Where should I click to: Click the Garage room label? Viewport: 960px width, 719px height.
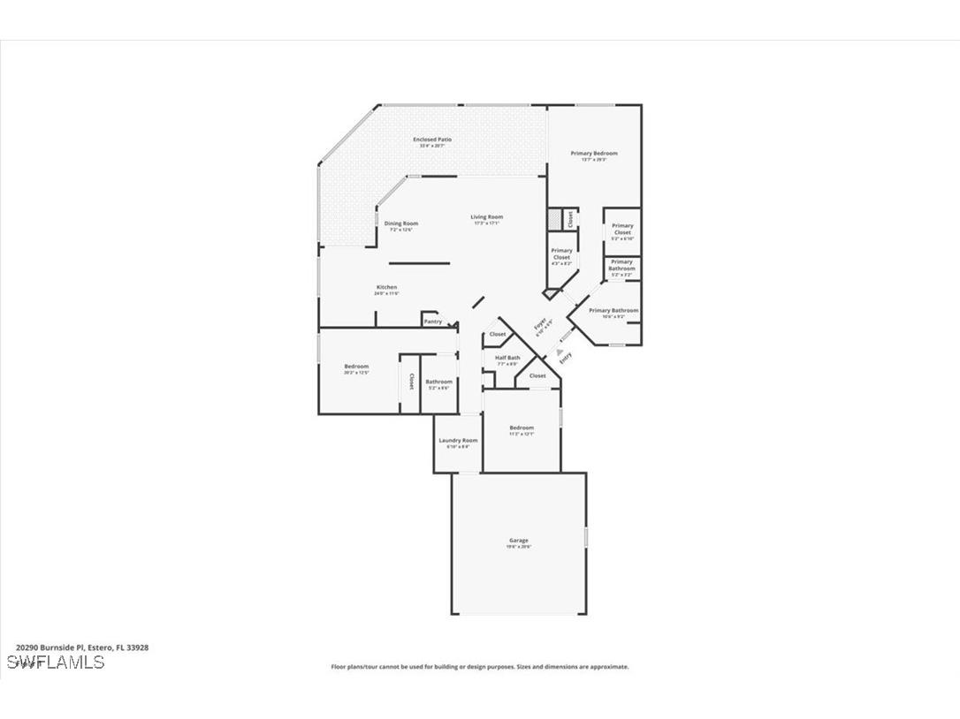[x=519, y=541]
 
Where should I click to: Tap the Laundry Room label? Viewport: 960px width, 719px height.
[x=458, y=441]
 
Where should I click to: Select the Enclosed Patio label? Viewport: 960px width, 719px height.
[x=432, y=140]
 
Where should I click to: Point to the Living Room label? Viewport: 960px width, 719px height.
[x=486, y=217]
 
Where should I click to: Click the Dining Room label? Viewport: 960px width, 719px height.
[x=401, y=223]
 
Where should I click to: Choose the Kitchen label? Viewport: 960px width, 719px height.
[x=386, y=288]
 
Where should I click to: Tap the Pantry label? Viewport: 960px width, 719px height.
[x=433, y=322]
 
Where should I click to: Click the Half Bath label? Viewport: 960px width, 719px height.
[x=507, y=358]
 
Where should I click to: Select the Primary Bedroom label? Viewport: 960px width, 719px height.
[x=594, y=154]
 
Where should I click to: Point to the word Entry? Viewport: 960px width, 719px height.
[x=566, y=357]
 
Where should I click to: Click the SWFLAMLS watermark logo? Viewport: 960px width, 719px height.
[x=55, y=662]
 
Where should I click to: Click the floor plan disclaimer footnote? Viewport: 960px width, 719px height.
[x=480, y=667]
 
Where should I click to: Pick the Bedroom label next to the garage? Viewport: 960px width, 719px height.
[x=522, y=428]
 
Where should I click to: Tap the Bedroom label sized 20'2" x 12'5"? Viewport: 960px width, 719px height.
[x=356, y=367]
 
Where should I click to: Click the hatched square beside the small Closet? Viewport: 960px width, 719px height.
[x=554, y=218]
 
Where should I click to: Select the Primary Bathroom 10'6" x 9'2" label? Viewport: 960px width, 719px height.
[x=613, y=311]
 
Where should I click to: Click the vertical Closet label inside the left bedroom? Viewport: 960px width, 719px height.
[x=411, y=382]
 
